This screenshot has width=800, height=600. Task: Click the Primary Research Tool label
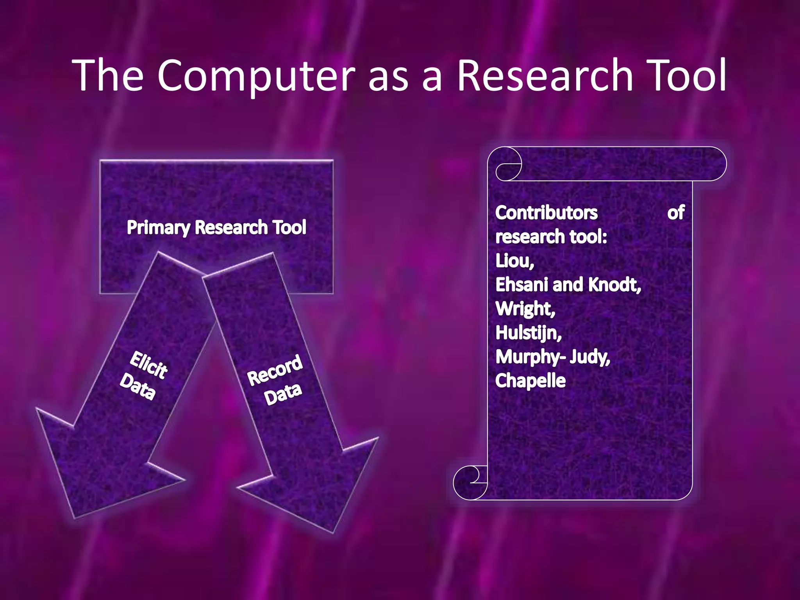click(x=216, y=227)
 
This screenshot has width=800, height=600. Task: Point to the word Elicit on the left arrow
click(x=149, y=365)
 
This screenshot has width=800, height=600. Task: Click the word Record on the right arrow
click(x=275, y=370)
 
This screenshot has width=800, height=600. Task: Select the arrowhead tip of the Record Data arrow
click(x=334, y=531)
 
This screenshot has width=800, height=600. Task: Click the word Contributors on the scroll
click(x=546, y=213)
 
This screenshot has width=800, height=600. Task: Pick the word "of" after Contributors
click(x=676, y=213)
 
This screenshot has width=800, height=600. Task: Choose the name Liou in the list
click(x=514, y=261)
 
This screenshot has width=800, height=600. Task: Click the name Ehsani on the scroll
click(x=522, y=285)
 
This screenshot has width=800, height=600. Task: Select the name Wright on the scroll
click(x=525, y=309)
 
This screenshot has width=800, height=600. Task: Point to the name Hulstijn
click(x=528, y=333)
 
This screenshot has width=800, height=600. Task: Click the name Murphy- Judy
click(x=552, y=357)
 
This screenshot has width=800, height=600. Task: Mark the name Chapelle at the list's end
click(x=530, y=381)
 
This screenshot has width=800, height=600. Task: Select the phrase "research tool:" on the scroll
click(x=551, y=237)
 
